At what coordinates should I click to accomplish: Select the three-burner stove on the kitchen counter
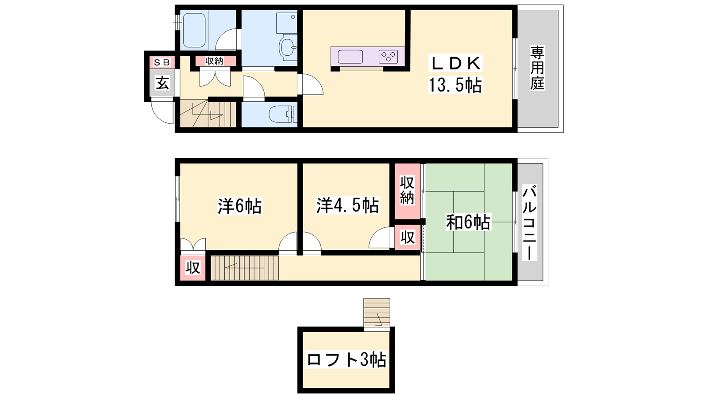[x=389, y=57]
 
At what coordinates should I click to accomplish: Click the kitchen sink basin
[x=350, y=57]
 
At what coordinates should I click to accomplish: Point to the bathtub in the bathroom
[x=194, y=30]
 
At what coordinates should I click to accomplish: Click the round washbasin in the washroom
[x=288, y=47]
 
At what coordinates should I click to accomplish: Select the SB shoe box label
[x=162, y=62]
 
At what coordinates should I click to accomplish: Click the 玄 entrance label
[x=162, y=83]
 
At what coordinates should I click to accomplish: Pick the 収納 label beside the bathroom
[x=214, y=61]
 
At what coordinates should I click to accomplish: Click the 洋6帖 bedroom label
[x=240, y=206]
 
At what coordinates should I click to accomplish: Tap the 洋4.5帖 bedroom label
[x=347, y=205]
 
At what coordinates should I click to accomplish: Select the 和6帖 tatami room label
[x=468, y=222]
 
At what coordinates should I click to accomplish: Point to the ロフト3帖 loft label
[x=346, y=360]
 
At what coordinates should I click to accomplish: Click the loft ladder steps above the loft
[x=377, y=313]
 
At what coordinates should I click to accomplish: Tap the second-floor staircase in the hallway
[x=245, y=268]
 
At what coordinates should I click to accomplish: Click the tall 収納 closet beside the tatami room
[x=407, y=191]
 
